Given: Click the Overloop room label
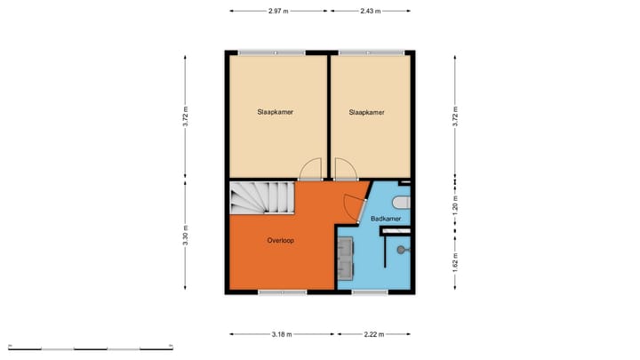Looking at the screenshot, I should click(x=281, y=241).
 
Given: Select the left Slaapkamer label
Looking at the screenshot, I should click(x=276, y=113).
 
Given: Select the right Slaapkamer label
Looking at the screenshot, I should click(x=367, y=113).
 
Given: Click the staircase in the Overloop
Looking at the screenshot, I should click(x=260, y=197).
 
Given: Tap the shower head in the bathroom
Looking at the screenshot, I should click(x=403, y=250).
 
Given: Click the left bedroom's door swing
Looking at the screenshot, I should click(x=310, y=168).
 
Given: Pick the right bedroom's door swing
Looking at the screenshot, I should click(x=344, y=169).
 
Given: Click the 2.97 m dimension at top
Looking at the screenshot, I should click(x=280, y=11).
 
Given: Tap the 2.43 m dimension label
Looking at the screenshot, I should click(x=371, y=11).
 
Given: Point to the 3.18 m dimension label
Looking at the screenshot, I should click(x=282, y=335).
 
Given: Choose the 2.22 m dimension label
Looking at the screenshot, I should click(x=373, y=335).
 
